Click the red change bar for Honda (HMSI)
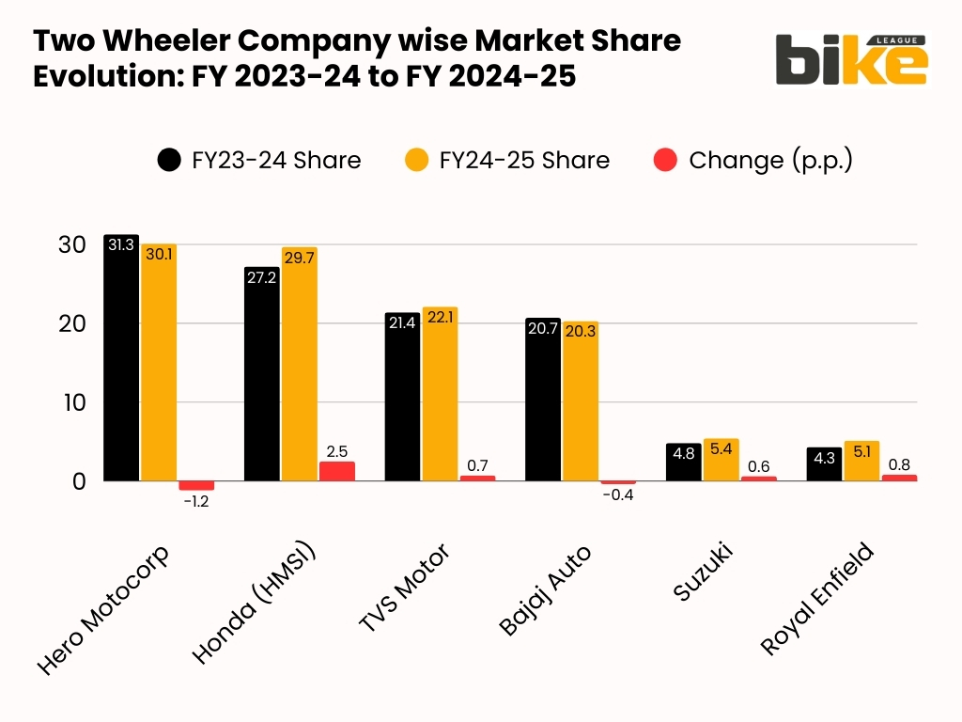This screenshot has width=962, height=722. [336, 471]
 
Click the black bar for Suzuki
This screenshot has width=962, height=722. [683, 463]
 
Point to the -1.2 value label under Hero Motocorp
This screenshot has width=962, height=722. [195, 502]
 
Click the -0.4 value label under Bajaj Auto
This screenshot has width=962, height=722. [617, 495]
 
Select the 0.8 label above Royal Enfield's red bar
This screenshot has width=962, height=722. [899, 463]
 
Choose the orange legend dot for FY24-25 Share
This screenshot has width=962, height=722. [417, 160]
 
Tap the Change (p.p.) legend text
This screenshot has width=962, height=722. [770, 160]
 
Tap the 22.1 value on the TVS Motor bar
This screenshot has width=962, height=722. [439, 319]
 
